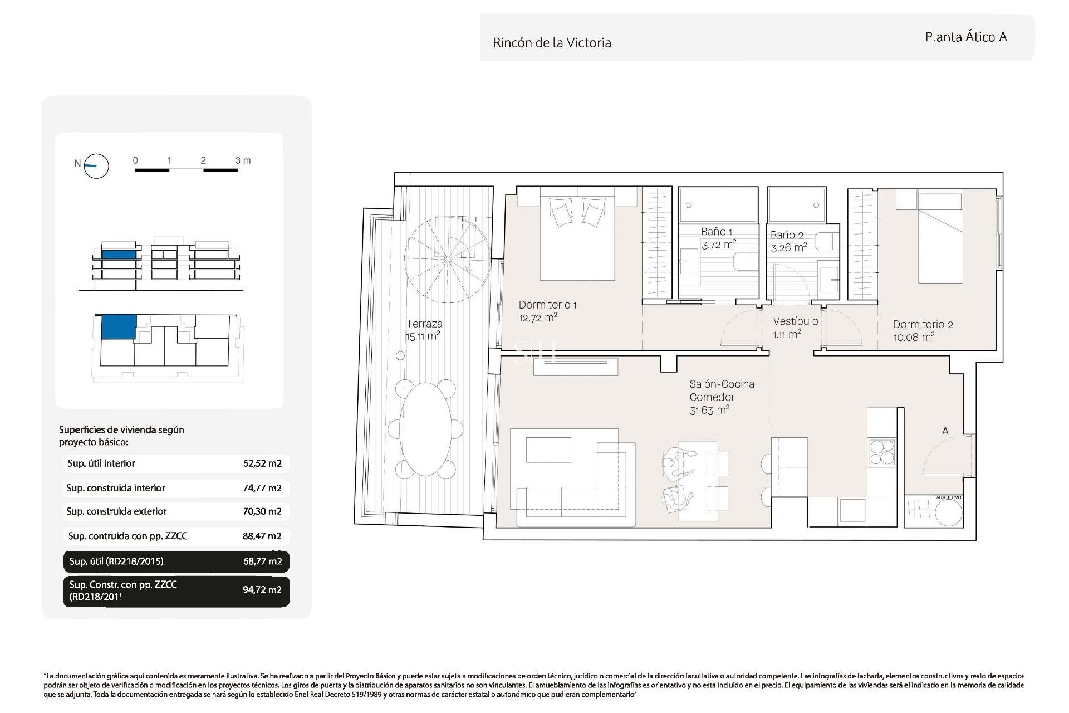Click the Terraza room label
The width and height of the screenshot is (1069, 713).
click(424, 324)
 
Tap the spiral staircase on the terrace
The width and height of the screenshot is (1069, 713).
click(447, 259)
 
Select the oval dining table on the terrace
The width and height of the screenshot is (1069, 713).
click(425, 428)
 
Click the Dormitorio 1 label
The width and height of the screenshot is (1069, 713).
click(547, 305)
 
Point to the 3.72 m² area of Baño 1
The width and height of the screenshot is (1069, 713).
click(718, 245)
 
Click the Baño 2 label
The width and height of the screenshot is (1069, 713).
click(787, 235)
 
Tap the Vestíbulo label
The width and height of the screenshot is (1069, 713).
click(795, 321)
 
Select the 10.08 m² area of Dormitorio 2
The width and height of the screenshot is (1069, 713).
click(913, 337)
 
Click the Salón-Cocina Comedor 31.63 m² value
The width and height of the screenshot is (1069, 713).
click(709, 411)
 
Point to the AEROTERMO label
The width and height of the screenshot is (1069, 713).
click(948, 497)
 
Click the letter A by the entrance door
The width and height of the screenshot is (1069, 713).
click(945, 431)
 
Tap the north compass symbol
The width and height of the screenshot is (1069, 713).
click(96, 165)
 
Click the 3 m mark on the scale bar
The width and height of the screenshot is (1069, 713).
click(242, 160)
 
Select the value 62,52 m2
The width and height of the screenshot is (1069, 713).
click(262, 463)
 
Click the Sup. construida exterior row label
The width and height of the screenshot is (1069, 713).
click(116, 511)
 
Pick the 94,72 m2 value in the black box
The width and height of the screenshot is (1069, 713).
click(262, 590)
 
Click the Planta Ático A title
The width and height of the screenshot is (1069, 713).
click(965, 37)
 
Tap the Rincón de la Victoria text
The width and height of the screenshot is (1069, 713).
click(551, 43)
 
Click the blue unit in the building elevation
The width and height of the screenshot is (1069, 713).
click(119, 254)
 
